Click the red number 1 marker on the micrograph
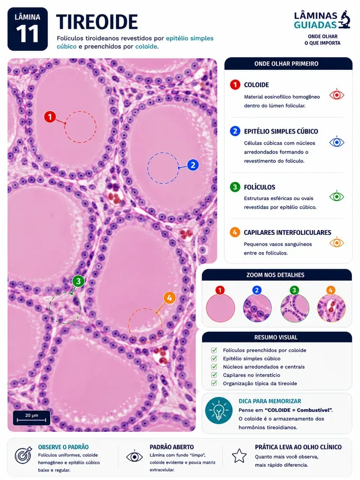click(x=50, y=116)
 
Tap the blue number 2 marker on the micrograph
click(x=193, y=165)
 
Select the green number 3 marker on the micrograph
click(x=78, y=281)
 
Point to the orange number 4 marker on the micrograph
click(x=169, y=298)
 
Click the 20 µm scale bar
click(x=32, y=420)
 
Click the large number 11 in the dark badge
click(x=28, y=34)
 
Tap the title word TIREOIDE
click(x=97, y=22)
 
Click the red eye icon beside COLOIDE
click(x=337, y=95)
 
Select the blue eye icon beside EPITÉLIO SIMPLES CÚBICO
click(x=337, y=142)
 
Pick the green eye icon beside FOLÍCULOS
click(x=337, y=196)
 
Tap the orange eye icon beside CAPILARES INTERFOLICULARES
click(x=337, y=242)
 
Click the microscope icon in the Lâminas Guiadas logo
click(x=345, y=20)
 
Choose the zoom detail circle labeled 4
click(x=331, y=307)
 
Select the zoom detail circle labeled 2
click(x=257, y=307)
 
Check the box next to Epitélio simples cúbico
click(x=214, y=358)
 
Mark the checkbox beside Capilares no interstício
click(x=214, y=375)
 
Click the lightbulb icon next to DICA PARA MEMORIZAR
click(x=219, y=411)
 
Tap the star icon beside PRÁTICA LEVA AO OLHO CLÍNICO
click(x=239, y=456)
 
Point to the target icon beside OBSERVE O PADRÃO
click(x=23, y=456)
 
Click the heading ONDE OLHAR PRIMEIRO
click(x=286, y=64)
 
